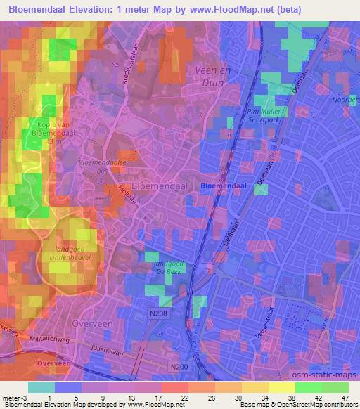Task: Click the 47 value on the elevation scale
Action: point(344,396)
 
